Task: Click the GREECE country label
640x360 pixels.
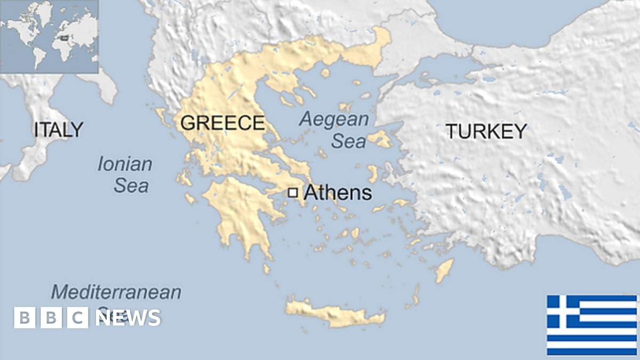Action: click(222, 123)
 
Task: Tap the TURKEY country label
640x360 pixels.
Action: click(486, 131)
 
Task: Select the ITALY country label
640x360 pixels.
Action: click(58, 130)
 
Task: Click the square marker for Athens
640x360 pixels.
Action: click(292, 193)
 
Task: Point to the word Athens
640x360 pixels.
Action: click(337, 193)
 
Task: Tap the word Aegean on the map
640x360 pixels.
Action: click(334, 119)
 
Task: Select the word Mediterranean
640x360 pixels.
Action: click(116, 292)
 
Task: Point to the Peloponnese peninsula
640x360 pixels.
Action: click(240, 213)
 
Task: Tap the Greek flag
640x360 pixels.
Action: click(591, 324)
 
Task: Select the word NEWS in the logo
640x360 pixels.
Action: click(128, 318)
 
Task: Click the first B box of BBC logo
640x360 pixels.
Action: click(25, 318)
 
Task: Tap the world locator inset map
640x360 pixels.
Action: click(49, 36)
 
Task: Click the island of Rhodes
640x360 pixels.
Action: click(444, 271)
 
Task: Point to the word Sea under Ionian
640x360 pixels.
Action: click(131, 186)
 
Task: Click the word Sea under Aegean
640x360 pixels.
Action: click(349, 141)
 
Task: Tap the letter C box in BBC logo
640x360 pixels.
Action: click(78, 318)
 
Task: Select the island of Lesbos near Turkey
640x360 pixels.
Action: click(380, 140)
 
